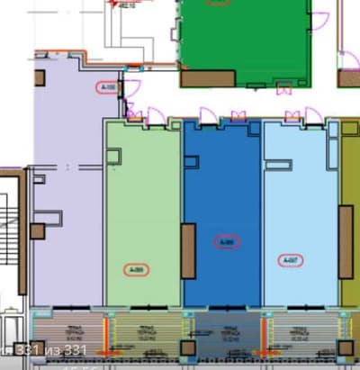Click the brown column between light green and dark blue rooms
point(187,251)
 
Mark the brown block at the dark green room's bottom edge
point(208,79)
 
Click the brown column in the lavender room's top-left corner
point(40,77)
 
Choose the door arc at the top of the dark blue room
point(207,116)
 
